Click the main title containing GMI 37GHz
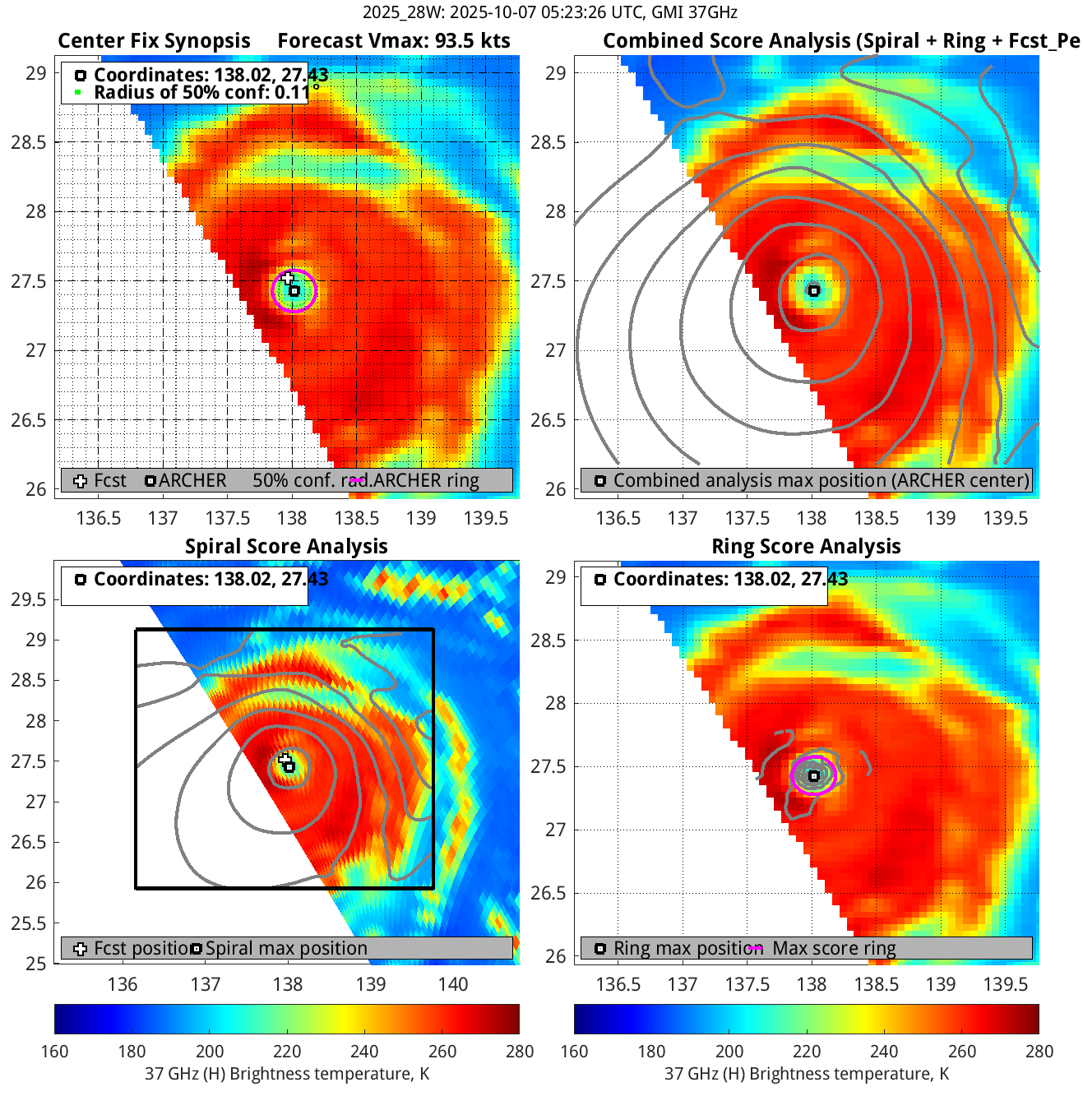point(549,12)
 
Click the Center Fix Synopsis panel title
point(154,41)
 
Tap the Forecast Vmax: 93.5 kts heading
point(393,41)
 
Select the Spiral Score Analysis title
point(286,547)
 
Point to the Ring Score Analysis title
point(806,547)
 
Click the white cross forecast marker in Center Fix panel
point(288,279)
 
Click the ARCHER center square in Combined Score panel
point(813,290)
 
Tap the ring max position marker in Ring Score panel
point(814,775)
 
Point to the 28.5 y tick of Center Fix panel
point(29,142)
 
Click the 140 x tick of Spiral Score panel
point(453,984)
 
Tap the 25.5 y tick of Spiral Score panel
point(29,923)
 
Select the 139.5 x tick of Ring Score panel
point(1006,984)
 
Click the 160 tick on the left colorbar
point(55,1052)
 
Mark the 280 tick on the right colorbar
point(1039,1052)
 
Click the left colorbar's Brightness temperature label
point(287,1074)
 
